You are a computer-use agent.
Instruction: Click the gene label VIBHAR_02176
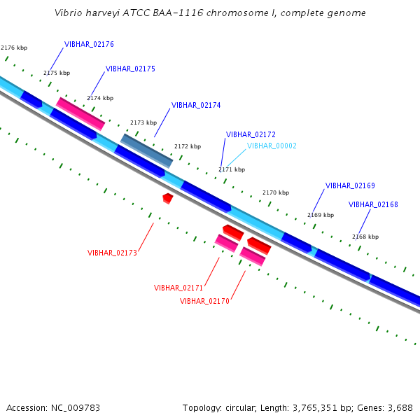click(89, 44)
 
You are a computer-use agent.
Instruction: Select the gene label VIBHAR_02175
click(130, 69)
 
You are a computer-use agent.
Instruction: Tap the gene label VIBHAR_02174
click(196, 105)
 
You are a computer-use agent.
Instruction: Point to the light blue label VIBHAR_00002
click(272, 146)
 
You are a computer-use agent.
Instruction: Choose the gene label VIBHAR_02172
click(251, 134)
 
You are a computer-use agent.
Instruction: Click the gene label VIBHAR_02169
click(350, 185)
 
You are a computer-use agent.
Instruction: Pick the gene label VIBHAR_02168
click(373, 204)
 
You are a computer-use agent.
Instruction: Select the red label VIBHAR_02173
click(112, 253)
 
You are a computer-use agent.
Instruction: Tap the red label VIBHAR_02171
click(178, 288)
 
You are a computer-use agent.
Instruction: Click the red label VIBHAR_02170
click(204, 301)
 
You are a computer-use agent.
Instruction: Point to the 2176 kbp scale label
click(14, 48)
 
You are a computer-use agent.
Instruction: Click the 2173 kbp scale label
click(143, 122)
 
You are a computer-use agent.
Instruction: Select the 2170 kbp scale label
click(276, 192)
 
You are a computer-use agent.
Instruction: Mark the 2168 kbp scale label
click(365, 237)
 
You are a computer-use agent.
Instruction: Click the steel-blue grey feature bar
click(146, 150)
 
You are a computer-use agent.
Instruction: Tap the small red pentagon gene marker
click(168, 199)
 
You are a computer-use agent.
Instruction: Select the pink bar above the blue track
click(80, 114)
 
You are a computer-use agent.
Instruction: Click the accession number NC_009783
click(76, 408)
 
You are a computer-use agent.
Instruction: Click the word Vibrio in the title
click(68, 13)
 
